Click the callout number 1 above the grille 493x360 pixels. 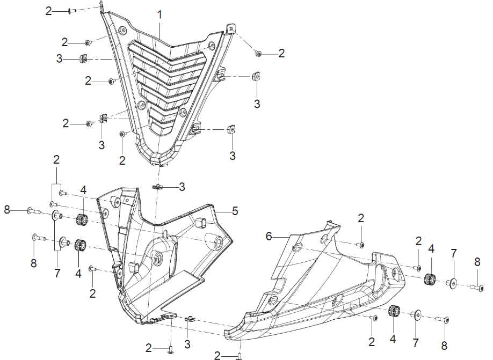pyautogui.click(x=160, y=15)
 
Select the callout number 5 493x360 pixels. pyautogui.click(x=235, y=210)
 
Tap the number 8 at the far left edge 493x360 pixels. pyautogui.click(x=6, y=210)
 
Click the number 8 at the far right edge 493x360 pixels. pyautogui.click(x=477, y=262)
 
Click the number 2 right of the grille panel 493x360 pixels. pyautogui.click(x=281, y=53)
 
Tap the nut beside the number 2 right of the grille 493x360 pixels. pyautogui.click(x=259, y=54)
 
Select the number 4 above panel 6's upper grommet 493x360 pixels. pyautogui.click(x=431, y=248)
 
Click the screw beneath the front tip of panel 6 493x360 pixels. pyautogui.click(x=239, y=355)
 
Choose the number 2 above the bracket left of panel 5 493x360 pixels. pyautogui.click(x=56, y=160)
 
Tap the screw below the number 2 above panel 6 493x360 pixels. pyautogui.click(x=360, y=244)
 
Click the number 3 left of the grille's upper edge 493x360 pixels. pyautogui.click(x=59, y=58)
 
